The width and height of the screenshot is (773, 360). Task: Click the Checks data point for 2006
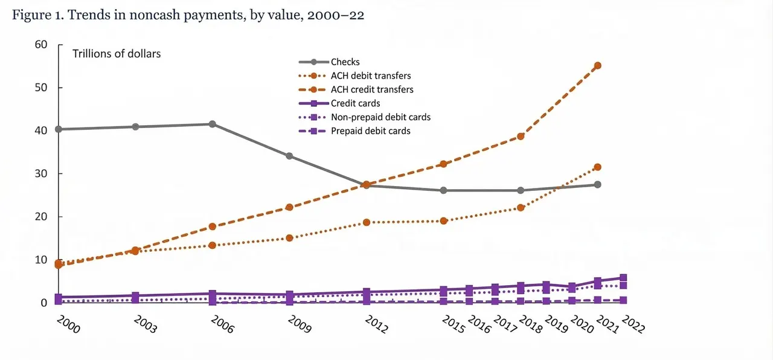(213, 124)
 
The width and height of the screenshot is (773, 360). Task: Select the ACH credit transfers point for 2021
(598, 66)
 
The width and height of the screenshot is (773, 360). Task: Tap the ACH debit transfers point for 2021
(598, 167)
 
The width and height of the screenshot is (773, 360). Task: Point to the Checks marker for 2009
(289, 156)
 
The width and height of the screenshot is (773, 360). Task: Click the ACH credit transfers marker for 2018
(521, 137)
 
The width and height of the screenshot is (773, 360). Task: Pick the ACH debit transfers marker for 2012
(367, 222)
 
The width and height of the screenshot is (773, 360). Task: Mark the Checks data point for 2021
(598, 185)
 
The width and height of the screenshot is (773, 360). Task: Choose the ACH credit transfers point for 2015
(444, 164)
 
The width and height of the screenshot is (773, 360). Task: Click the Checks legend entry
(329, 62)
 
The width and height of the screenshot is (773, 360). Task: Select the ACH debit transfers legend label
(371, 76)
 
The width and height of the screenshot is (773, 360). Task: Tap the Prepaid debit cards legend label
(371, 131)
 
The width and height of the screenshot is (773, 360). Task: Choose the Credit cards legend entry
(339, 103)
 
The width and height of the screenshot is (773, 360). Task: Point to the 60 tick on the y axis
(40, 45)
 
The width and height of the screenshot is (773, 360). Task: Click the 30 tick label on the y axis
(40, 173)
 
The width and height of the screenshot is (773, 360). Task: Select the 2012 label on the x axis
(376, 324)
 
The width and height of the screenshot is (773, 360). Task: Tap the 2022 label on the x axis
(633, 324)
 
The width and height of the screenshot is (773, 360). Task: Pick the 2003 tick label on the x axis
(146, 324)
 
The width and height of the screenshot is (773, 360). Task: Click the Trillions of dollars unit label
(117, 54)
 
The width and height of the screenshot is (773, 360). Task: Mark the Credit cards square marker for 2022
(623, 278)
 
